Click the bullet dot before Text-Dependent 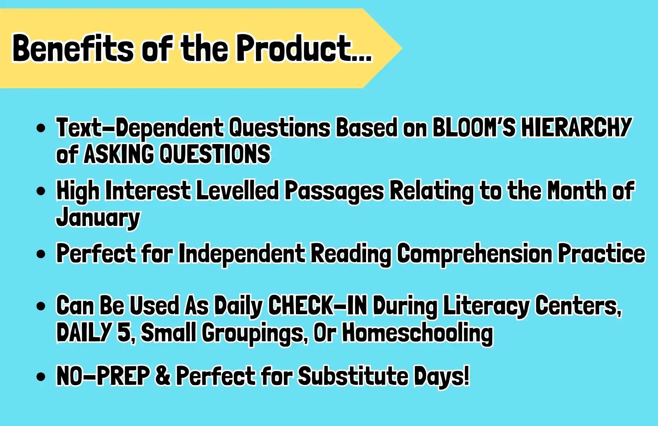[41, 128]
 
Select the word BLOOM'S [474, 127]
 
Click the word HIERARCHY [576, 127]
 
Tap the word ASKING [119, 154]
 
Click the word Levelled [237, 190]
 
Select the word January [98, 217]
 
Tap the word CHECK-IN [318, 306]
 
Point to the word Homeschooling [417, 333]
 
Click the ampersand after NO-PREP [163, 376]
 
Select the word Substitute [353, 376]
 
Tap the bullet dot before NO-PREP [41, 377]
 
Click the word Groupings [253, 333]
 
